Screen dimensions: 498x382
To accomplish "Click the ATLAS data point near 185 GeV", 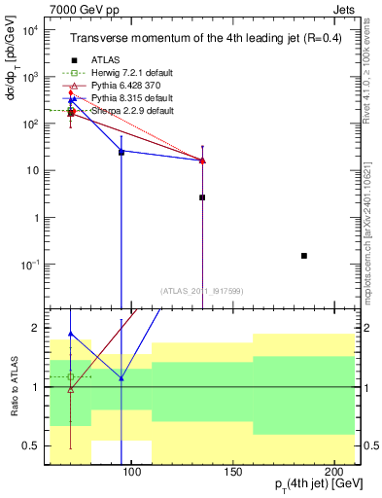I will tap(304, 256).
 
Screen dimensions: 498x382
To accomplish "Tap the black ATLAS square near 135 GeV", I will tap(202, 197).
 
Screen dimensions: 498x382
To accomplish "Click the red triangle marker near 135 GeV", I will tap(202, 160).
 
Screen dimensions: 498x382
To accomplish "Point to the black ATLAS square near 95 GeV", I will tap(122, 153).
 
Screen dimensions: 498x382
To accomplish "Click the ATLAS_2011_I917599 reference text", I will tap(202, 290).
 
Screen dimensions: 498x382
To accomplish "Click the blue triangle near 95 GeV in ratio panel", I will tap(122, 377).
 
